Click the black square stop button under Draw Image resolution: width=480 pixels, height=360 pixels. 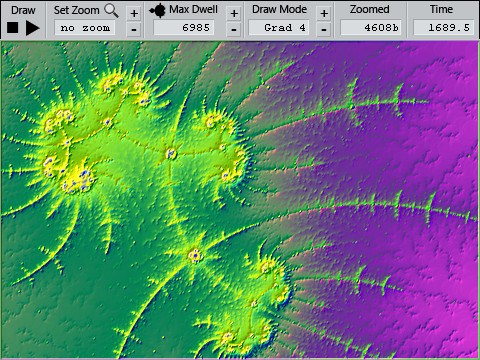pos(13,28)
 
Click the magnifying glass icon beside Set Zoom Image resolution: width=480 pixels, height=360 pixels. pos(111,11)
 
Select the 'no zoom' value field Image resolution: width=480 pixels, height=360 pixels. pos(86,28)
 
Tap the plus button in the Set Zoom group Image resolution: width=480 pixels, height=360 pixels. pos(134,13)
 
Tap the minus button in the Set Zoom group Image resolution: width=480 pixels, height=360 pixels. pos(134,29)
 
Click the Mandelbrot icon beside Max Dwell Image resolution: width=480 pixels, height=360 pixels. pos(158,11)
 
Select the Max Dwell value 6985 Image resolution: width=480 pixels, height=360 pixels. pos(193,28)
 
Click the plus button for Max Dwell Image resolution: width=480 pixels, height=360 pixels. pos(233,13)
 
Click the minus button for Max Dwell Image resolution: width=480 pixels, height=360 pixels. pos(233,29)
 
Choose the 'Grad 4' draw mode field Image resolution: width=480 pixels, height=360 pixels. pos(279,28)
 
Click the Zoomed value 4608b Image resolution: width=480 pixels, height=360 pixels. pos(369,28)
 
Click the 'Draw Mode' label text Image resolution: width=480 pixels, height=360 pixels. pos(279,10)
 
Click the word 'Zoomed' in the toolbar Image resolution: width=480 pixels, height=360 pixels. pos(370,10)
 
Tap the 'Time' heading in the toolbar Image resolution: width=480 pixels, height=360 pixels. pos(441,10)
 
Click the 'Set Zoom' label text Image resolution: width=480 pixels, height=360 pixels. pos(77,10)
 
